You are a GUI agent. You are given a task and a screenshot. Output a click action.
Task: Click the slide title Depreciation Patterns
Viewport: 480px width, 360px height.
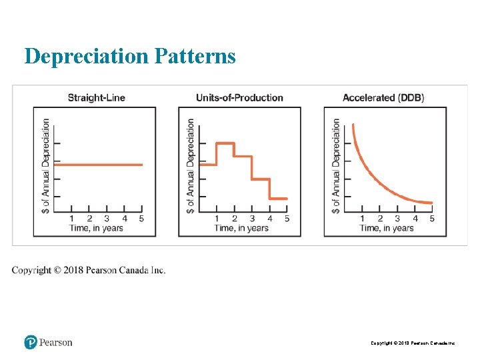click(130, 57)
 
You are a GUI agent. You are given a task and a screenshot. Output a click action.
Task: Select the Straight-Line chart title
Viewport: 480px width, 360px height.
click(97, 98)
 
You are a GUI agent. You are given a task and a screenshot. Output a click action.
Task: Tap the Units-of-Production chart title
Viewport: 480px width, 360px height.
click(239, 98)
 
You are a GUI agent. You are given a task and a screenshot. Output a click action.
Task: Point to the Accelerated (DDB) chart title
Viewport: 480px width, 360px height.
click(383, 98)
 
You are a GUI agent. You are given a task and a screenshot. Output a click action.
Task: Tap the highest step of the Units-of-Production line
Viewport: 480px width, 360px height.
click(225, 143)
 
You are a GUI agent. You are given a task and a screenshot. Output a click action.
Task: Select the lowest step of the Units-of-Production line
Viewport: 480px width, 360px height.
click(279, 198)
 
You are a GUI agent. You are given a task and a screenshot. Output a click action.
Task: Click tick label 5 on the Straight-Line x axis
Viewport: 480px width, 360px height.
click(142, 218)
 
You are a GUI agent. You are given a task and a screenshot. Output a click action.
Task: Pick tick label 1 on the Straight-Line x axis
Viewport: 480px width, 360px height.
click(72, 218)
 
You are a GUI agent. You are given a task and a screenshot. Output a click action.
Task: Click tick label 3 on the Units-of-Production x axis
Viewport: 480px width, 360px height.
click(252, 218)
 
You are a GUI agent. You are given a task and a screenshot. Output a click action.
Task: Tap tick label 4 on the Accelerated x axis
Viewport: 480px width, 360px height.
click(415, 218)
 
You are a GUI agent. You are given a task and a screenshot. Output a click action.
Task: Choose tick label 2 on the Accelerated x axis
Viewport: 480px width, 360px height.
click(380, 218)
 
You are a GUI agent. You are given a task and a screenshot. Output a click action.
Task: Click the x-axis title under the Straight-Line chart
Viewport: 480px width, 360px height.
click(97, 228)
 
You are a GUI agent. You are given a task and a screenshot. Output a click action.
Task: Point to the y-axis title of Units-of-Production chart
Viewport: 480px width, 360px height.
click(191, 166)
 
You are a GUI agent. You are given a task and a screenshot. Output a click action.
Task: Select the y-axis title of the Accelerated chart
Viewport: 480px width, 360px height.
click(336, 166)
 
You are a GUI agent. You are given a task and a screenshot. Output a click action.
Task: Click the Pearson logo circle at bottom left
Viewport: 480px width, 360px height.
click(30, 343)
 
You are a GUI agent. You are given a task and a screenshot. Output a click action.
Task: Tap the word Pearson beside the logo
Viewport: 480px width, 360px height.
click(55, 343)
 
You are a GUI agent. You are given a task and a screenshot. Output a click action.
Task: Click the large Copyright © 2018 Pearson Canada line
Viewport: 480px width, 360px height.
click(89, 270)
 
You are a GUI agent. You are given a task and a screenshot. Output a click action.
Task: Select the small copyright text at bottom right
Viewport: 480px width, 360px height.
click(413, 343)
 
